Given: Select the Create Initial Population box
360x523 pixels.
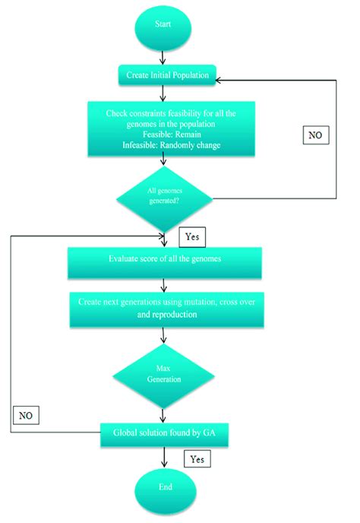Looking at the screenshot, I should point(167,74).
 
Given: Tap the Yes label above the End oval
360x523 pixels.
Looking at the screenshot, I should point(197,459).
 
